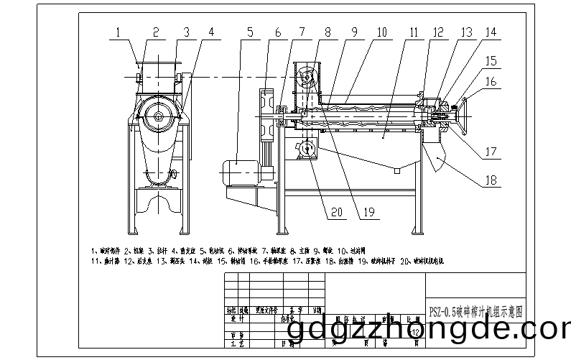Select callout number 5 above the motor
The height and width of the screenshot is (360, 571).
point(249,32)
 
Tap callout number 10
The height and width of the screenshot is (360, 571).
point(381,32)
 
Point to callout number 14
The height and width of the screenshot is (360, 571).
point(491,32)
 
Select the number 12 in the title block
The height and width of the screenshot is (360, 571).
point(416,330)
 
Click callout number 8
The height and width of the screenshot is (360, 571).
point(328,32)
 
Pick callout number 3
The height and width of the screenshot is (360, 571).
point(186,32)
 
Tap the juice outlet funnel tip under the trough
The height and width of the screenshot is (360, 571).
point(394,170)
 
